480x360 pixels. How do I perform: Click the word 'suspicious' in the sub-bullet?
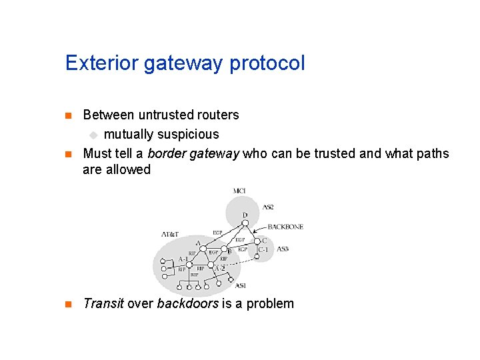(x=189, y=134)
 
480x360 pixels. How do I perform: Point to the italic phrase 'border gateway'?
(x=193, y=153)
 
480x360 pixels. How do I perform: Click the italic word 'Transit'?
(x=103, y=303)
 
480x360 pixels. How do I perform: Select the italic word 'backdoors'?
(x=187, y=303)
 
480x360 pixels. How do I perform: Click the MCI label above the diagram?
(x=239, y=191)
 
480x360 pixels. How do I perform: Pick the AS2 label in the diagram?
(x=267, y=207)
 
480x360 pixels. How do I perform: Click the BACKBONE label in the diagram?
(x=285, y=227)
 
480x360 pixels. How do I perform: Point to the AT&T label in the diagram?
(x=170, y=234)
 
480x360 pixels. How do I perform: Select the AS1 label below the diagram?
(x=241, y=285)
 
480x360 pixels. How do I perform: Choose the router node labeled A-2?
(x=211, y=267)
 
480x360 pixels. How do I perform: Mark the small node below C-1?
(x=257, y=257)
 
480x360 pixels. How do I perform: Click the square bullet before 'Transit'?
(x=67, y=304)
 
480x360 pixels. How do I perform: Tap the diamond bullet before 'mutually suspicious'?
(x=93, y=135)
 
